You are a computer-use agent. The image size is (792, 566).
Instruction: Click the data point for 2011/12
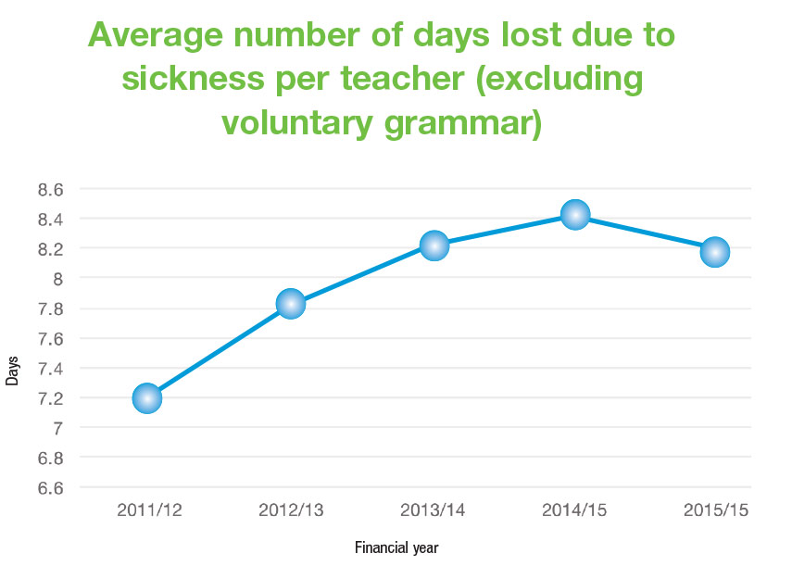point(147,398)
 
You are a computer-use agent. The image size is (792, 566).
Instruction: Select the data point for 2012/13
point(290,303)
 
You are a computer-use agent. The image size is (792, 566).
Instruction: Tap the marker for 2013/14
point(434,245)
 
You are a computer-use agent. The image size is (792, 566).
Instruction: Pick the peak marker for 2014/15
point(575,215)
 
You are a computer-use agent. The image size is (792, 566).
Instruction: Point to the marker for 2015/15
point(715,251)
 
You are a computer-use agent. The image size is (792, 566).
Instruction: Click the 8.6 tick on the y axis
point(49,190)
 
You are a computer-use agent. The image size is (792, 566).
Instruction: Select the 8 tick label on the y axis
point(57,279)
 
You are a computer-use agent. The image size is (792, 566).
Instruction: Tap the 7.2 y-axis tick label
point(49,398)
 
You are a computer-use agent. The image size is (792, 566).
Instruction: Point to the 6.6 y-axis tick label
point(49,488)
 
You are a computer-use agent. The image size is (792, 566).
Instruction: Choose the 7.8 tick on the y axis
point(49,308)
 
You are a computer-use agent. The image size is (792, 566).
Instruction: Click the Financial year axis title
point(396,547)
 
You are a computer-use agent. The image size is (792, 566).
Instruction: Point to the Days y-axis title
point(12,370)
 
